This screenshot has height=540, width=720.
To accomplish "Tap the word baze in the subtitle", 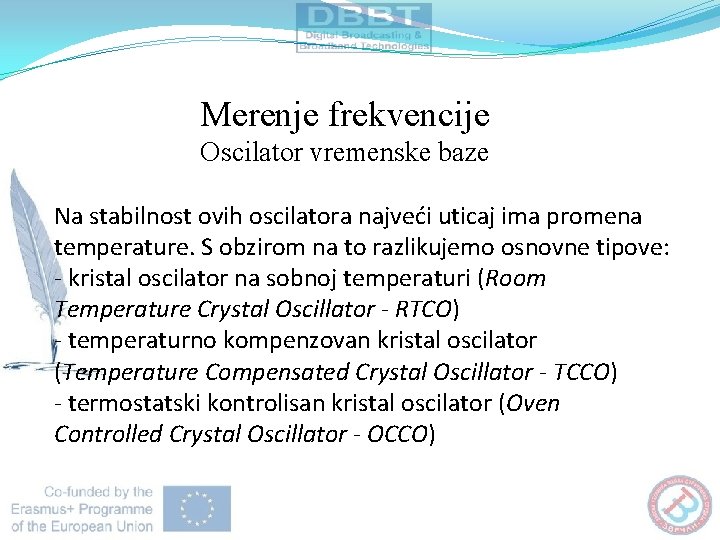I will (x=463, y=153).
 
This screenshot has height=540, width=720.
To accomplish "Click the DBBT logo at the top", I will (x=364, y=27).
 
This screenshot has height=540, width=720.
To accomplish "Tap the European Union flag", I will (x=198, y=509).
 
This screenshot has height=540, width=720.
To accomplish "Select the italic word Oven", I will (x=533, y=404).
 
